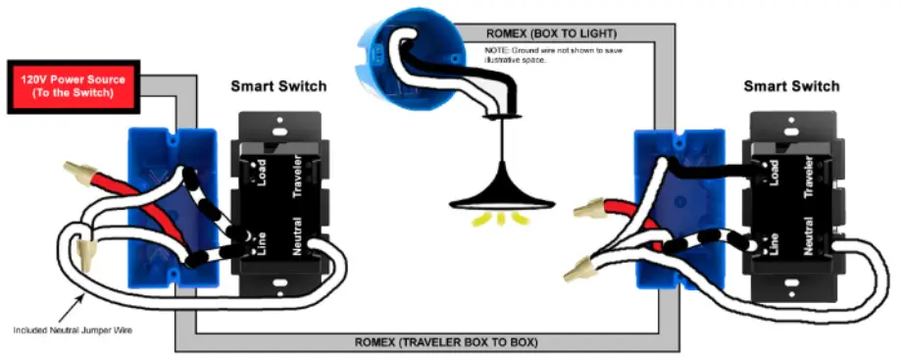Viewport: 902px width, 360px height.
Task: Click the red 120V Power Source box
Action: click(74, 86)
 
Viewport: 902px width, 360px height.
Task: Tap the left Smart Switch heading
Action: click(278, 86)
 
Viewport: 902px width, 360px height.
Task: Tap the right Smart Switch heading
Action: click(791, 86)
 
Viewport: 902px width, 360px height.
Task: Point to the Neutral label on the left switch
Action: click(297, 236)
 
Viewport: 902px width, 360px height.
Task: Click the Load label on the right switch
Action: click(775, 174)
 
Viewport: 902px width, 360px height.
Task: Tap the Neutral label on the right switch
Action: click(810, 236)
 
